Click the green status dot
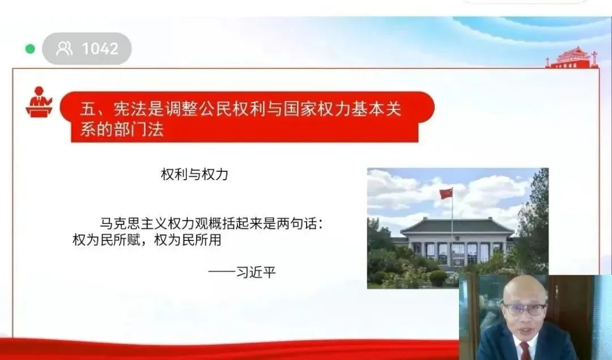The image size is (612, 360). tap(30, 49)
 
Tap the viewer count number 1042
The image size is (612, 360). tap(100, 49)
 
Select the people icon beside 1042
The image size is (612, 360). tap(65, 48)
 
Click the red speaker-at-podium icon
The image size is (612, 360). tap(39, 101)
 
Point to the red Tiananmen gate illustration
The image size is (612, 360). tap(572, 58)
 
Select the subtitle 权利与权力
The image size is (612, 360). tap(194, 174)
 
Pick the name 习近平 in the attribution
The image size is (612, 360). tap(256, 272)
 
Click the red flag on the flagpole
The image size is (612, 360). tap(446, 194)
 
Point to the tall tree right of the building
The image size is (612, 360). tap(533, 223)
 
